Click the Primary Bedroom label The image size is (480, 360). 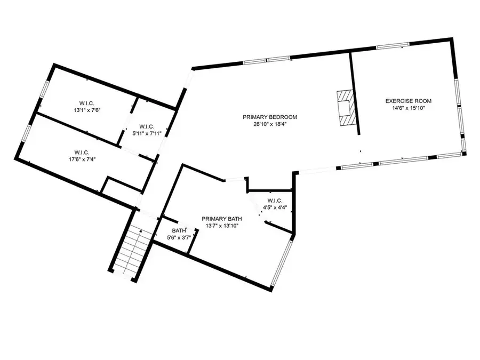click(269, 117)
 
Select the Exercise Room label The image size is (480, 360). click(409, 100)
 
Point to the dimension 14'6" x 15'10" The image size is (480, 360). click(409, 108)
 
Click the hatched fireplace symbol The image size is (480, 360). click(345, 107)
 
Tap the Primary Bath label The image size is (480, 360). click(221, 219)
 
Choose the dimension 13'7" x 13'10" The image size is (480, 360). click(221, 226)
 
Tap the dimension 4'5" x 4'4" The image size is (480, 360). click(274, 207)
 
